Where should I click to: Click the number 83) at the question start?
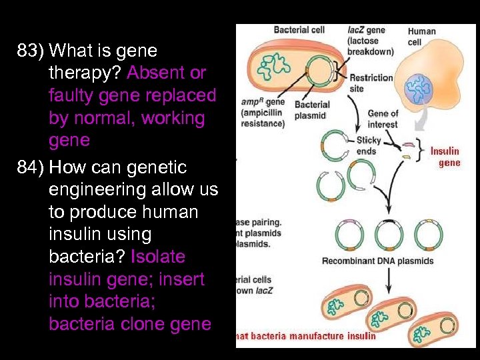31,51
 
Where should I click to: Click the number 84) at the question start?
31,167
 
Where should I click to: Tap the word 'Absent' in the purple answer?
157,73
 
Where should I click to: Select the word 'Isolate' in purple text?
159,257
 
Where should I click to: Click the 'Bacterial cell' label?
299,30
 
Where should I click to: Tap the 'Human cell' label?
421,37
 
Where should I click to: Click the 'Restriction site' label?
371,83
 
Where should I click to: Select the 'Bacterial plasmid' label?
312,110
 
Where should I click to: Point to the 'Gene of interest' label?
383,118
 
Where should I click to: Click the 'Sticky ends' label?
368,145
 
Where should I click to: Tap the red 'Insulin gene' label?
445,157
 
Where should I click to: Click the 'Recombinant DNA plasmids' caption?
377,261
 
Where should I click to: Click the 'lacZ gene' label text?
366,30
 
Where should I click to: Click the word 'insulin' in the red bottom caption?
361,336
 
